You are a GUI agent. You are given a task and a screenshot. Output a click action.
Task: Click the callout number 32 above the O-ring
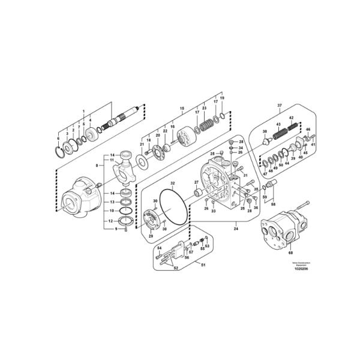click(x=172, y=183)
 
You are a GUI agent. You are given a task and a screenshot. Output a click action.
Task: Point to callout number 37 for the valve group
click(x=279, y=106)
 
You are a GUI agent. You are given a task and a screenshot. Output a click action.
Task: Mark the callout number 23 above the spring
click(x=204, y=108)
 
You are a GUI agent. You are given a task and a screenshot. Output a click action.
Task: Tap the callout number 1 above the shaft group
click(x=84, y=111)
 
